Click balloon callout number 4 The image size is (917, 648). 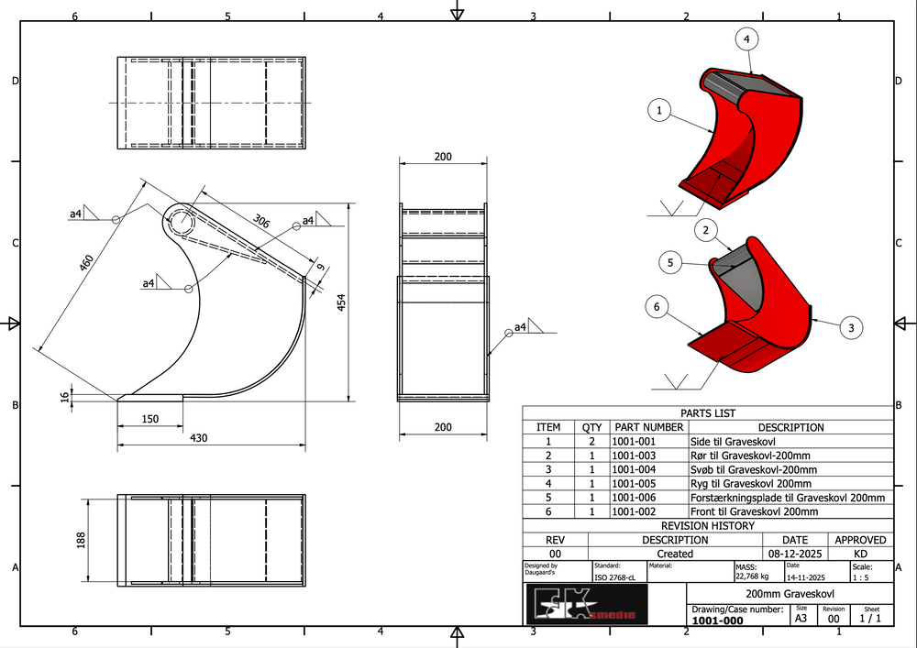tap(746, 39)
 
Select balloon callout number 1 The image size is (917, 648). tap(658, 111)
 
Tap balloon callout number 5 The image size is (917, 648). tap(670, 262)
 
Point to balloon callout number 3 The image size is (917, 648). tap(851, 327)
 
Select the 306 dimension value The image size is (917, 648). tap(261, 220)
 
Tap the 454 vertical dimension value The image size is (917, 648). tap(342, 303)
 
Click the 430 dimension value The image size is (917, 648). tap(199, 438)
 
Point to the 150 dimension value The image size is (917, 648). tap(150, 419)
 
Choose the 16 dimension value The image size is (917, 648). tap(64, 397)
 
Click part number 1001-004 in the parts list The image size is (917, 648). tap(635, 469)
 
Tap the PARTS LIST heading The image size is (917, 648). tap(707, 413)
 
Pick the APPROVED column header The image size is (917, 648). tap(860, 540)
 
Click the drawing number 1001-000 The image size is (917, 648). tap(717, 621)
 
